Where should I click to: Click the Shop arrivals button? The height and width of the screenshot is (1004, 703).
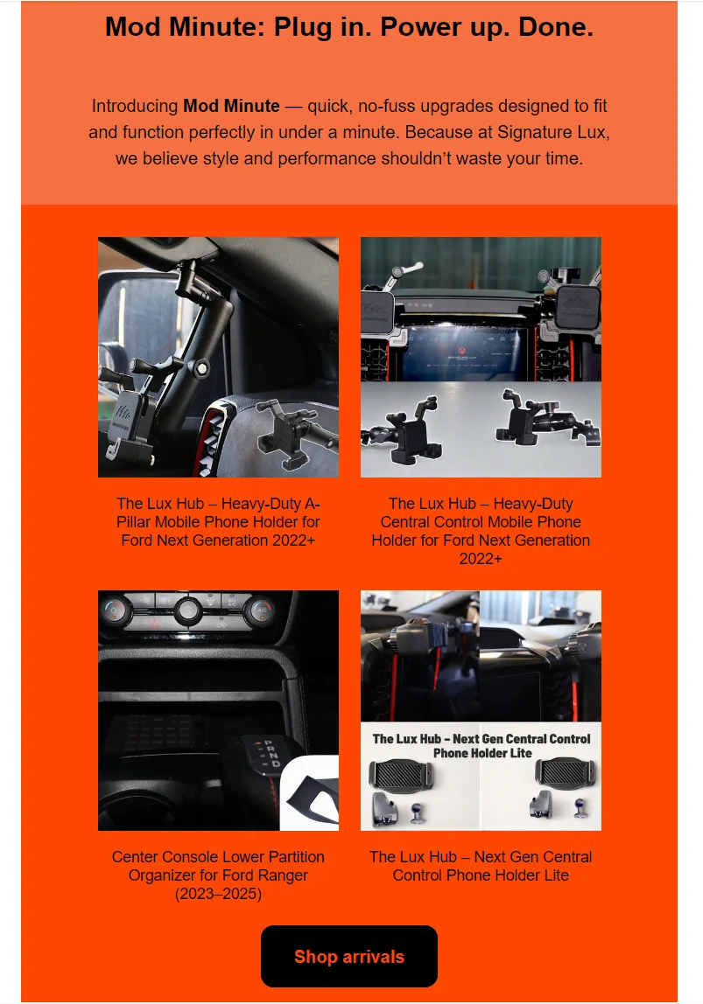pyautogui.click(x=348, y=956)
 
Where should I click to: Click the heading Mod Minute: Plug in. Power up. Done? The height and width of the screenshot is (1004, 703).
pyautogui.click(x=349, y=27)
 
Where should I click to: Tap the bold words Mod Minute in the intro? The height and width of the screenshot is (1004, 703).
pyautogui.click(x=231, y=106)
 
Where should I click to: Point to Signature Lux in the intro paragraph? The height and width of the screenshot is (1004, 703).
pyautogui.click(x=552, y=132)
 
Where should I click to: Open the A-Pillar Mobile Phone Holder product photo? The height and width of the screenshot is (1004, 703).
pyautogui.click(x=218, y=358)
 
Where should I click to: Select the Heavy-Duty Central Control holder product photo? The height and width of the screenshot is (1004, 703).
pyautogui.click(x=481, y=358)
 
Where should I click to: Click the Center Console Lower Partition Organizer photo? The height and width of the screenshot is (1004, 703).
pyautogui.click(x=218, y=710)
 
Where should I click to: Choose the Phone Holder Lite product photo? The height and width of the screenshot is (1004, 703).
pyautogui.click(x=481, y=710)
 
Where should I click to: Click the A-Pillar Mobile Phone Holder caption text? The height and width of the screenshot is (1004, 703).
pyautogui.click(x=218, y=522)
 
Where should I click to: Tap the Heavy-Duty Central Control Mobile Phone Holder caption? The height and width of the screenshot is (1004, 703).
pyautogui.click(x=481, y=531)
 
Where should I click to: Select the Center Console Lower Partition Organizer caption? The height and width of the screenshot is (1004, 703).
pyautogui.click(x=218, y=875)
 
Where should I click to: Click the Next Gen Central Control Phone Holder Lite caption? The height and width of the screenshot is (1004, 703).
pyautogui.click(x=481, y=866)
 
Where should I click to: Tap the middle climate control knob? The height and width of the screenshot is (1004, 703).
pyautogui.click(x=187, y=610)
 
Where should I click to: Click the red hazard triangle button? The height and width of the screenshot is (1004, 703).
pyautogui.click(x=155, y=622)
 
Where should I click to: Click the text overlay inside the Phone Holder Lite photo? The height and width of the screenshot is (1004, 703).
pyautogui.click(x=482, y=746)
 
